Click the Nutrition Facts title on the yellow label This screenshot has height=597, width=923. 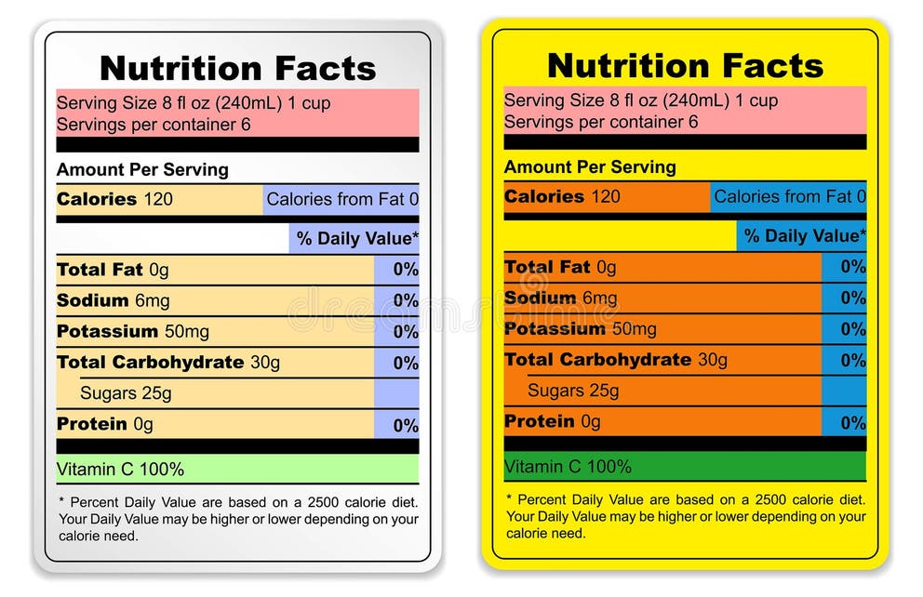tap(685, 66)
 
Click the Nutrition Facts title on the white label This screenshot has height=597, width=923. tap(237, 69)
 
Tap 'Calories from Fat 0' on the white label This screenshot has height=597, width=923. tap(342, 199)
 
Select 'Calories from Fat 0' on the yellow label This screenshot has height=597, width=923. tap(790, 196)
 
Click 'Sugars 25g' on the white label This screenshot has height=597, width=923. tap(126, 393)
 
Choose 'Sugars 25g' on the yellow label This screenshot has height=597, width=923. tap(573, 391)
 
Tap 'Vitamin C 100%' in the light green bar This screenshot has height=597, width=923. tap(120, 470)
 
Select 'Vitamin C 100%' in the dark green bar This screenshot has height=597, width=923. tap(568, 467)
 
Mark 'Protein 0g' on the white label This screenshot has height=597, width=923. tap(104, 424)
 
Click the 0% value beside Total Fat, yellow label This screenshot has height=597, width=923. tap(853, 268)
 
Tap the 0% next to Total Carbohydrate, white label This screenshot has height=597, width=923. tap(406, 364)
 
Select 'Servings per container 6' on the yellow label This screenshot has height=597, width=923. tap(601, 122)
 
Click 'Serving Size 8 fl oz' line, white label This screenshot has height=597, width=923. tap(194, 103)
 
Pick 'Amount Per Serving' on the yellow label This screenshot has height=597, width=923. tap(590, 167)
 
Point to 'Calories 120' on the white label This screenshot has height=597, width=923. tap(114, 199)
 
